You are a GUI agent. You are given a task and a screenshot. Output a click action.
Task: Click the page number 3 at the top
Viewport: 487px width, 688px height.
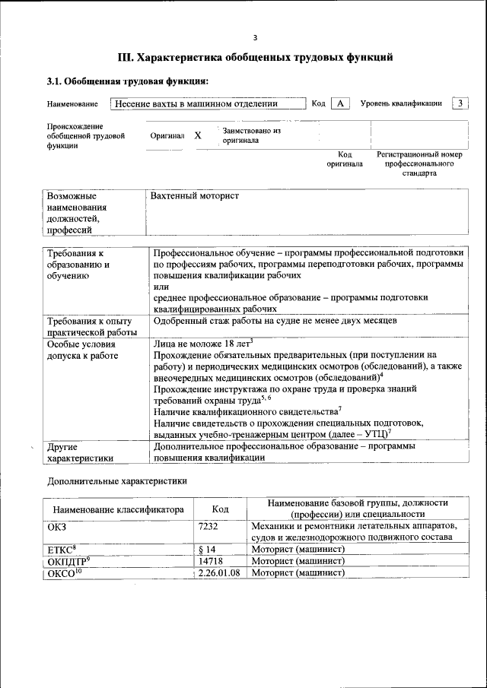(x=256, y=37)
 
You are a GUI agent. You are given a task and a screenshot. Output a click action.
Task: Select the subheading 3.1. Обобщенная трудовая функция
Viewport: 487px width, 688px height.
(x=127, y=81)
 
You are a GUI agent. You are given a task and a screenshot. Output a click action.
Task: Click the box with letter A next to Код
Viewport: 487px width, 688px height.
(x=340, y=103)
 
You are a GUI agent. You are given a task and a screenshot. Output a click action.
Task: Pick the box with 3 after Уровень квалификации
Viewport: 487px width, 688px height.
(x=460, y=103)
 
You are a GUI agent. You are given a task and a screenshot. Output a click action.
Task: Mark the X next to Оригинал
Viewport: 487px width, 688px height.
(x=198, y=135)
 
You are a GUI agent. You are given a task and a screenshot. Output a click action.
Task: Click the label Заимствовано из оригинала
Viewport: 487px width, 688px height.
(x=252, y=135)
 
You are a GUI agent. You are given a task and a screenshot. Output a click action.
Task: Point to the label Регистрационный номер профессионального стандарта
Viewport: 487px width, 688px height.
(x=419, y=163)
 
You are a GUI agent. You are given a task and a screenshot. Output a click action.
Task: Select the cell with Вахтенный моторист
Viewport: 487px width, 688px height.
(x=195, y=196)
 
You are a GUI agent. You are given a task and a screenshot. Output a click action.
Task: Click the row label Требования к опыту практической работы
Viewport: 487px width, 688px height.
(x=90, y=326)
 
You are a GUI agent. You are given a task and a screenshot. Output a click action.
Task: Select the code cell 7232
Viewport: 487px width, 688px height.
(x=208, y=526)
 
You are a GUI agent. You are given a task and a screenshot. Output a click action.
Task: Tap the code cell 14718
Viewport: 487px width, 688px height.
(x=209, y=561)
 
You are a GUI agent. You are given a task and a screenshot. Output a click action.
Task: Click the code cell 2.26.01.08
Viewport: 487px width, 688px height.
(x=218, y=572)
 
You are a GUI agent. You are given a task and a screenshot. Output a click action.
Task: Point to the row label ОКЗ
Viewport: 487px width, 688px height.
(x=57, y=526)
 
